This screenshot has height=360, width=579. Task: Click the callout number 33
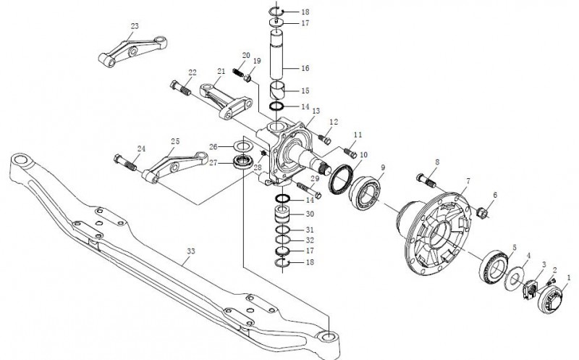point(190,251)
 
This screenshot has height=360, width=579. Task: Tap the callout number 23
point(134,26)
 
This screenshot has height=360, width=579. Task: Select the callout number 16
point(305,67)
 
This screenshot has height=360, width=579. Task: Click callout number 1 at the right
point(568,277)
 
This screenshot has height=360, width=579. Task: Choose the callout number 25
point(174,141)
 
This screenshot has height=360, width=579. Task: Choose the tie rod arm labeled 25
point(166,166)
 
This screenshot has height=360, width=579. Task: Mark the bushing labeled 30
point(284,216)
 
